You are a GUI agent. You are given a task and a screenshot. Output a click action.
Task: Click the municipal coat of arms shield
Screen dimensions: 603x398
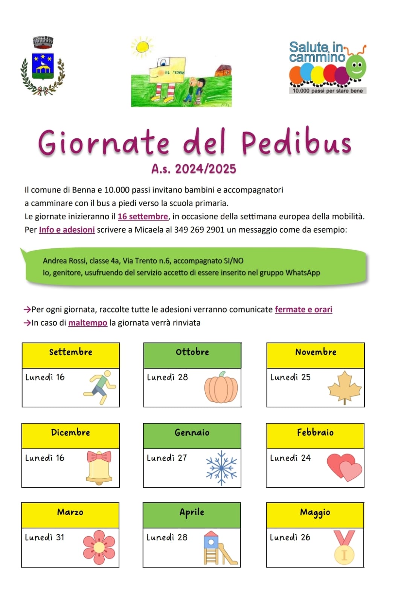(x=43, y=66)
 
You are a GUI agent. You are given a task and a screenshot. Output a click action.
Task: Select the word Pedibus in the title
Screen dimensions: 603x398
(x=296, y=142)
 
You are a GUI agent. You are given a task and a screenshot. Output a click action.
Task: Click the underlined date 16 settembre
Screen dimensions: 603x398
(x=143, y=216)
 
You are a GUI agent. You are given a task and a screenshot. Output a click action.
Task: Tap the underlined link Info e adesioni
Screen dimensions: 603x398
(x=67, y=230)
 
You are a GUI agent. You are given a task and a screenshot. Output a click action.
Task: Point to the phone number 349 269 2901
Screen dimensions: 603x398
(x=199, y=230)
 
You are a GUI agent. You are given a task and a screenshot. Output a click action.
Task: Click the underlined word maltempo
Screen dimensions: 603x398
(x=88, y=323)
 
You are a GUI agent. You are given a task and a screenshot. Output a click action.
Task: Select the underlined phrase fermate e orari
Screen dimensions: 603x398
(x=303, y=309)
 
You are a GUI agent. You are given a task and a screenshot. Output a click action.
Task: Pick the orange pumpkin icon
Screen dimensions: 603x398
(x=221, y=387)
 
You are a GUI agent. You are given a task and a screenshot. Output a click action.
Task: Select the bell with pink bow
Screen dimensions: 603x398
(x=99, y=468)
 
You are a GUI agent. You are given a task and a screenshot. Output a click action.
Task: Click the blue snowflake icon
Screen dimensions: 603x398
(x=221, y=468)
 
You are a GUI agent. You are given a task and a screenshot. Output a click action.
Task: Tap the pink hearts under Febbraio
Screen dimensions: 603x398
(x=344, y=467)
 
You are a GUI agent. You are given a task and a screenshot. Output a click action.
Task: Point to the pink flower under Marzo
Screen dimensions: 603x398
(x=99, y=547)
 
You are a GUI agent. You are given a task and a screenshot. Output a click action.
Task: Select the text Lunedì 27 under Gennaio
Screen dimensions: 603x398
(x=167, y=458)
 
